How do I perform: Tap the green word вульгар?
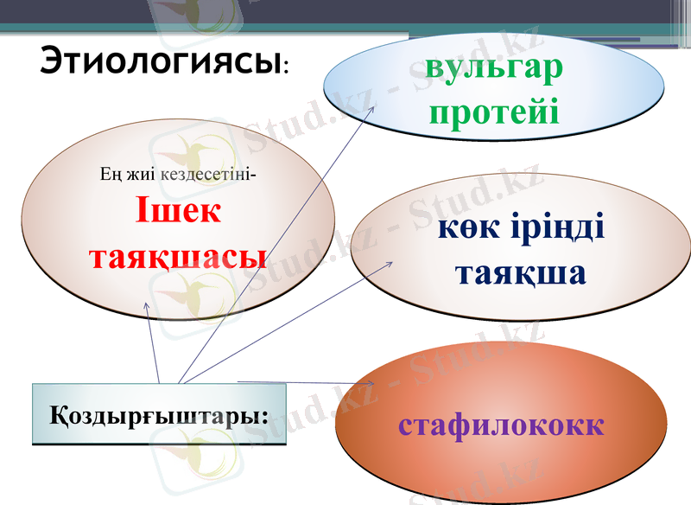[494, 69]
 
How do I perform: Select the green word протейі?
[494, 112]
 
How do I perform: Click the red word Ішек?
[178, 212]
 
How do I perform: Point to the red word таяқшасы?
[178, 256]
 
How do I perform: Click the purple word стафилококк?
[501, 425]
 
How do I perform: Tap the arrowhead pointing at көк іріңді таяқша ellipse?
[391, 264]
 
